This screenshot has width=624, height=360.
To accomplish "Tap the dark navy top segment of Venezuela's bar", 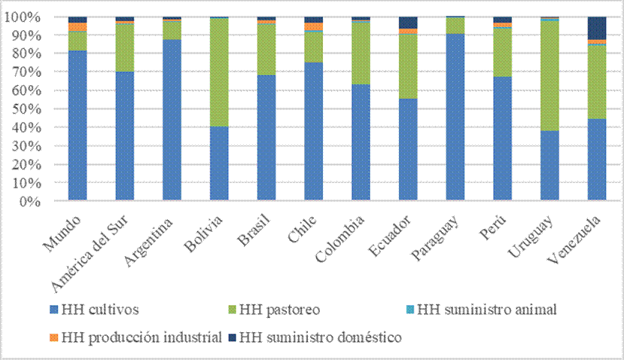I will click(597, 28).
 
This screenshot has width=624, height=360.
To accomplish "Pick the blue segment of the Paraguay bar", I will click(455, 117).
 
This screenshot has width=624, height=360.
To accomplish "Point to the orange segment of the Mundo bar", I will click(78, 27).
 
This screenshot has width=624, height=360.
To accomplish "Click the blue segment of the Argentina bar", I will click(172, 121).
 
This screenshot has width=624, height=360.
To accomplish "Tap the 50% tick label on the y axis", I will click(38, 109).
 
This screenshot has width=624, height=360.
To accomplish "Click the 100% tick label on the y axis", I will click(35, 17).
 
